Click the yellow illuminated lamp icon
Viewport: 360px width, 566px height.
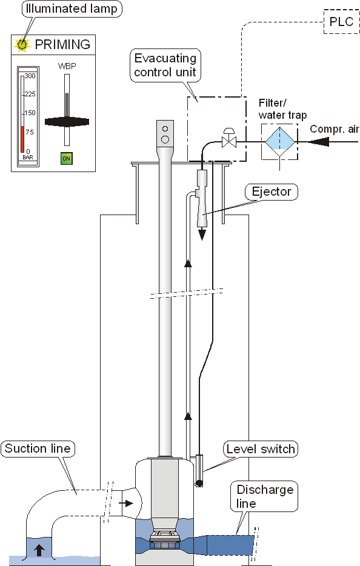pos(22,44)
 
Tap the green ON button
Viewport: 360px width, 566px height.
pos(67,159)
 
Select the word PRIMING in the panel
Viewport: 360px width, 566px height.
pos(62,44)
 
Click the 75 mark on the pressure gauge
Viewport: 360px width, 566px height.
pos(30,133)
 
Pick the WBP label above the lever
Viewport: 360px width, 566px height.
pos(67,65)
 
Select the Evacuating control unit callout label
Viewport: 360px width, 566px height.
pos(165,65)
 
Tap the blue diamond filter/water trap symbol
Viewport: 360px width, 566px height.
pos(278,141)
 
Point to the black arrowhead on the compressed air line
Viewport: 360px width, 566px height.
pos(319,141)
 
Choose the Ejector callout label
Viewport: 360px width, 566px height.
pos(272,192)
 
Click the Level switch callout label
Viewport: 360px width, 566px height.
pos(260,449)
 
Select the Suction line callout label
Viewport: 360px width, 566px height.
pos(38,449)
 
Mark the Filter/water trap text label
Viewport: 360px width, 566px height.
pos(282,108)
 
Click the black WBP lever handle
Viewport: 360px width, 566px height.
pos(67,121)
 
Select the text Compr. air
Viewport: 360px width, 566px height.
pos(335,128)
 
